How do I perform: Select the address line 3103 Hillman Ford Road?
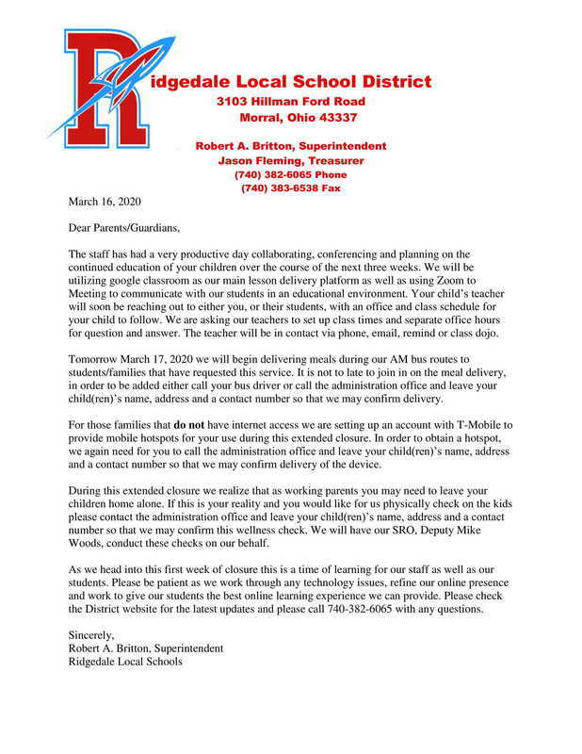[290, 101]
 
